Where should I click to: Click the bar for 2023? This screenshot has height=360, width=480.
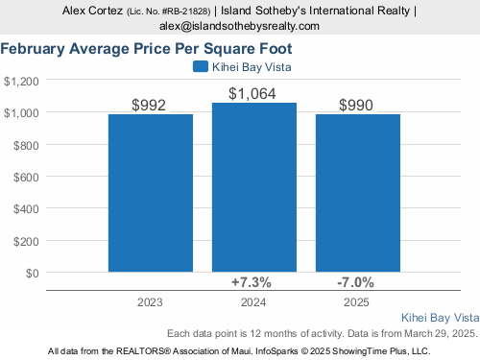pos(151,193)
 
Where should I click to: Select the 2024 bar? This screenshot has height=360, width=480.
pos(254,187)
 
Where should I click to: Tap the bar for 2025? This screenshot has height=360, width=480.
pos(358,193)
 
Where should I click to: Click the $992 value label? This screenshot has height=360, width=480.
pos(149,105)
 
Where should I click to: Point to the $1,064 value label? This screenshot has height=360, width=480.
pos(252,94)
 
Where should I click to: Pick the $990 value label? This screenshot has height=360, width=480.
pos(356,105)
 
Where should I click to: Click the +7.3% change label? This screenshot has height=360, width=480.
pos(252,282)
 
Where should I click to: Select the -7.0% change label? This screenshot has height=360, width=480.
pos(355,282)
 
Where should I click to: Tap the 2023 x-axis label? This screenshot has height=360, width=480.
pos(150,302)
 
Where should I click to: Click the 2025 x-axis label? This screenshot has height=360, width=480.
pos(356,302)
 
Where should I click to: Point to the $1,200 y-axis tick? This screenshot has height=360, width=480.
pos(21,82)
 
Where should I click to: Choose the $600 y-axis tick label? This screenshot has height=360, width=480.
pos(26,177)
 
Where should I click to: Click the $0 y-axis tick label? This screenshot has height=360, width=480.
pos(33,274)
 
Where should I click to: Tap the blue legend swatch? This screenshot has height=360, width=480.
pos(201,66)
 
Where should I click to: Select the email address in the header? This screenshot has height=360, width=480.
pos(239,26)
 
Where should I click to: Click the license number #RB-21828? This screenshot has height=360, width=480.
pos(186,12)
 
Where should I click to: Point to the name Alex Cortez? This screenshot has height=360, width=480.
pos(92,11)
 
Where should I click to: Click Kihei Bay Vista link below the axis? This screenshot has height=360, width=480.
pos(441,318)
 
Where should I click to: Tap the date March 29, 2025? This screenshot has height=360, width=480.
pos(441,333)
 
